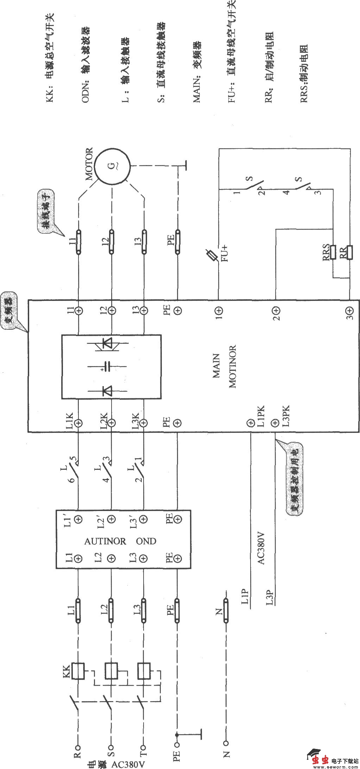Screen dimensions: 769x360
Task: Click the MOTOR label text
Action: [89, 164]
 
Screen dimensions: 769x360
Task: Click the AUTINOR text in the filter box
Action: [105, 541]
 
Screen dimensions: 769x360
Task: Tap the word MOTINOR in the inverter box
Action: [233, 367]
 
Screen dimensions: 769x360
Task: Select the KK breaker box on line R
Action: [78, 671]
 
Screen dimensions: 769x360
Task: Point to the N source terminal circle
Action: [226, 743]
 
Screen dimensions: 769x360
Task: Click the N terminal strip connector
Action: [226, 611]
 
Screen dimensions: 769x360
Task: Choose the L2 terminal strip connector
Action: [111, 611]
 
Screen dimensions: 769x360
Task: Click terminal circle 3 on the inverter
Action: [349, 311]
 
